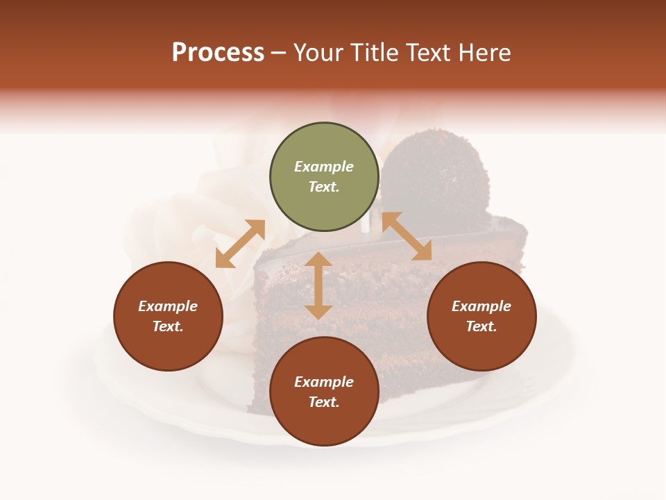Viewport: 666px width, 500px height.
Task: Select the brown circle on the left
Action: [168, 317]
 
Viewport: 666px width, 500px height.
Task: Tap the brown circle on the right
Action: [481, 317]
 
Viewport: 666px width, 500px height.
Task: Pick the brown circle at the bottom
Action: [324, 392]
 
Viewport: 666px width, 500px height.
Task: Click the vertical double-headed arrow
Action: [318, 285]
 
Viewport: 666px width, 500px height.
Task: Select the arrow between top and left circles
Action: [240, 244]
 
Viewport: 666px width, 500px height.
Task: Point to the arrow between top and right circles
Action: [407, 236]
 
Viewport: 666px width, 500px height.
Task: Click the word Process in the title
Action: [218, 53]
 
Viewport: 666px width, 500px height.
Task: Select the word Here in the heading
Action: [484, 53]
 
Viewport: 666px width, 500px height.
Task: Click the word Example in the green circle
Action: [324, 167]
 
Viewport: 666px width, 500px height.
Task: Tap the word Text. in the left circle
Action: [168, 326]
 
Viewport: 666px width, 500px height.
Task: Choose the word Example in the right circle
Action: [481, 306]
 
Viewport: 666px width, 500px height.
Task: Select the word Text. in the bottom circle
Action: [324, 402]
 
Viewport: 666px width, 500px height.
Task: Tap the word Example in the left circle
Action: [168, 306]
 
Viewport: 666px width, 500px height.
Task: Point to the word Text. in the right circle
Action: [481, 326]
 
